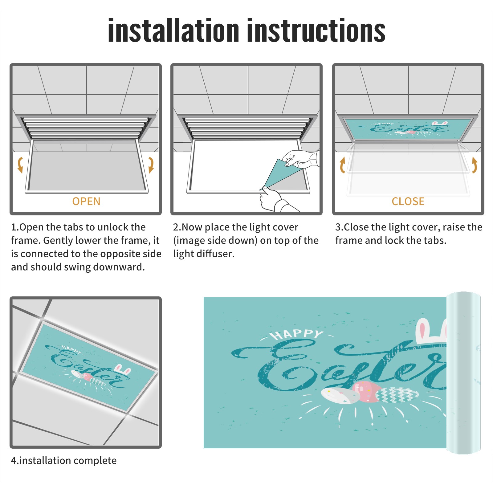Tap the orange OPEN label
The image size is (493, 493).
click(86, 202)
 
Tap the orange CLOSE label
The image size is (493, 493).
click(408, 202)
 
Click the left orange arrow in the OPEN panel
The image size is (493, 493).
click(20, 165)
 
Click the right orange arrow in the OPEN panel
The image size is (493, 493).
click(151, 165)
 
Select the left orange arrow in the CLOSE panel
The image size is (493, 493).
click(342, 165)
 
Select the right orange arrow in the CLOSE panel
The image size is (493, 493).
click(475, 165)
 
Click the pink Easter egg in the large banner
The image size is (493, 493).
click(367, 391)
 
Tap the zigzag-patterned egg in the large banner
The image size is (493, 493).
click(397, 395)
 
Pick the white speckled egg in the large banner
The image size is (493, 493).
click(340, 396)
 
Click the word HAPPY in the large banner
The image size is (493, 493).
click(296, 334)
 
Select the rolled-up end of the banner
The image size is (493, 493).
click(463, 373)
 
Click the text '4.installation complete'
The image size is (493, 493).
click(64, 461)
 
